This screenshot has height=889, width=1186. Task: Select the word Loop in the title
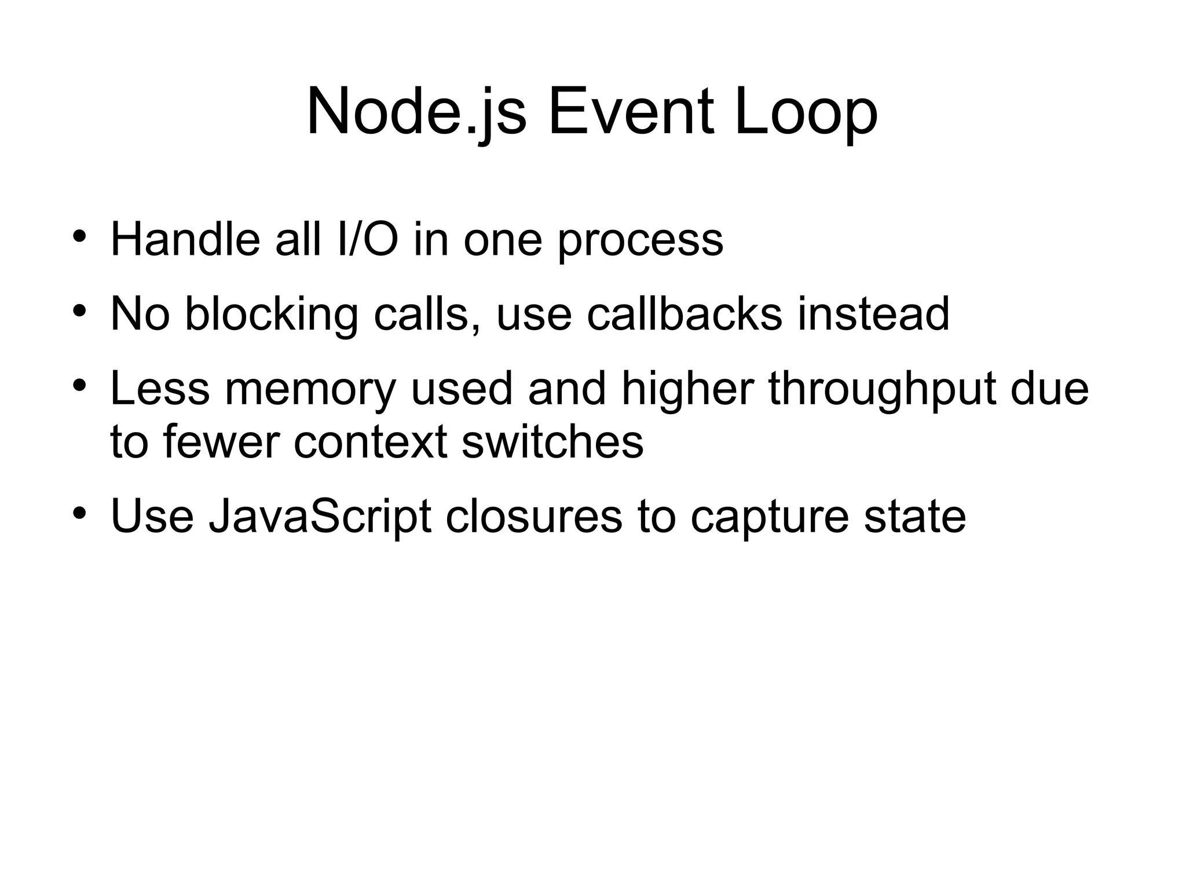pyautogui.click(x=806, y=111)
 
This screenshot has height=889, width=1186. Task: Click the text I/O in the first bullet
pyautogui.click(x=367, y=239)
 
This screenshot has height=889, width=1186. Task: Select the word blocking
pyautogui.click(x=272, y=315)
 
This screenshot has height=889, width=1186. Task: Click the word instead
pyautogui.click(x=873, y=314)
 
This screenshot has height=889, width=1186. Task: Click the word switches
pyautogui.click(x=552, y=441)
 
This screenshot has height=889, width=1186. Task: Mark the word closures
pyautogui.click(x=534, y=516)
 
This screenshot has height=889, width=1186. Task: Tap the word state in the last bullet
pyautogui.click(x=915, y=516)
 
